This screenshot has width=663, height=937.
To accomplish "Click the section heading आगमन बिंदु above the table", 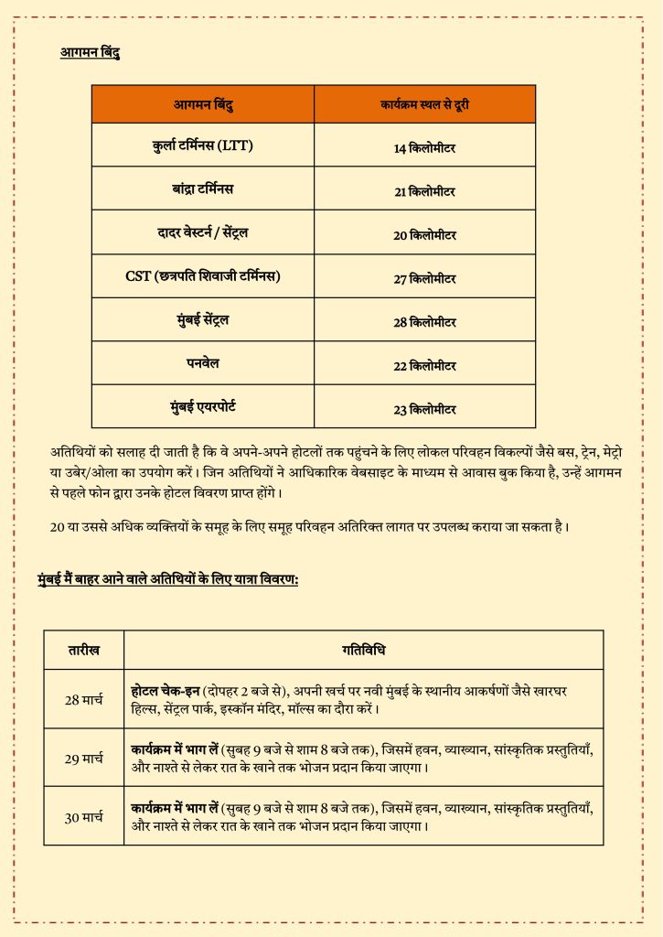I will point(90,53).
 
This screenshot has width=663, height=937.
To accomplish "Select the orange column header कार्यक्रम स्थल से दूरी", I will point(424,104).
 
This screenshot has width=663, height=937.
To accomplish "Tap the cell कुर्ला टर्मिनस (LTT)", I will point(203,145).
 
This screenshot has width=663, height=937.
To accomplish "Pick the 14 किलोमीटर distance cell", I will point(424,147).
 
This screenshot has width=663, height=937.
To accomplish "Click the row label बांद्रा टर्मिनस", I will point(203,188).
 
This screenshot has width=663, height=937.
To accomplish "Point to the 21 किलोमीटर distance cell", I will point(424,191).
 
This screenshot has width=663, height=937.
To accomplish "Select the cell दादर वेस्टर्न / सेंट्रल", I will point(203,232).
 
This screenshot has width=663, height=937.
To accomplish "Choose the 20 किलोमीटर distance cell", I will point(424,235).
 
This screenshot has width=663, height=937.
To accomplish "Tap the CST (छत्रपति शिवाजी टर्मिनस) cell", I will point(203,276).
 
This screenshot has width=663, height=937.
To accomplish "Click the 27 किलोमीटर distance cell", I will point(424,279).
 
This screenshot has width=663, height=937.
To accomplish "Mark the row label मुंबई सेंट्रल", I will point(203,319).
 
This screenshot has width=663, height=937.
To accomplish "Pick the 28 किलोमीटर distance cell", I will point(424,322).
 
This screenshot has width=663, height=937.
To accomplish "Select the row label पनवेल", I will point(203,362).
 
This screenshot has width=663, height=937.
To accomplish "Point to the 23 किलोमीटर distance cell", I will point(424,409).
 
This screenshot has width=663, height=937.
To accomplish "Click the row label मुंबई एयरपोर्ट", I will point(203,406).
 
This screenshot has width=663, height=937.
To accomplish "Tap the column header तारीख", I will point(83,651).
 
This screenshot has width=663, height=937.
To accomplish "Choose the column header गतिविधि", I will point(363,651).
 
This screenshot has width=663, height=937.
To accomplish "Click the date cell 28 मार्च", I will point(83,700).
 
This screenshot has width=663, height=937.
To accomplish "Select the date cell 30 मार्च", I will point(83,817).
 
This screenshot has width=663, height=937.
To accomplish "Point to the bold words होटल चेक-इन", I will point(166,691).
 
